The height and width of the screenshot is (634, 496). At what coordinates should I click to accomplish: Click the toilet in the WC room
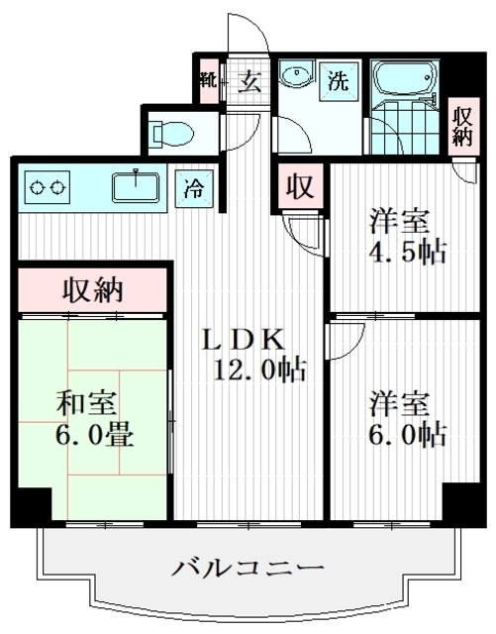point(172,133)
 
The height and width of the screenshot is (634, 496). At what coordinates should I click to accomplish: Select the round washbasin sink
point(296,76)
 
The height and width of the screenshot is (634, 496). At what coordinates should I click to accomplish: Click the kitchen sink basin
point(136,186)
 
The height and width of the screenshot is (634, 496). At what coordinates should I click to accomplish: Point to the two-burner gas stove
point(48,187)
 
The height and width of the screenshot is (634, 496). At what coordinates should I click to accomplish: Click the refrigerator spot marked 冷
point(194,188)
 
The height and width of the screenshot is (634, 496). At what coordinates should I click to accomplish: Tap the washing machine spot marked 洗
point(339,81)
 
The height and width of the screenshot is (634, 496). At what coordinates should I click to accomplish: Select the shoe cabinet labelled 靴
point(210,81)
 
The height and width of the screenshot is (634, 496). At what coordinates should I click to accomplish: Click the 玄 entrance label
point(248,82)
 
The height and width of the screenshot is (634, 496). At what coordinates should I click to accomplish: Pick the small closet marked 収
point(300,186)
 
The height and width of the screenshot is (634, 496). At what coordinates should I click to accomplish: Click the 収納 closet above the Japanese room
point(93,290)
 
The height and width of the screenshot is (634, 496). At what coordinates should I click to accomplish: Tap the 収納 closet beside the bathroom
point(463,127)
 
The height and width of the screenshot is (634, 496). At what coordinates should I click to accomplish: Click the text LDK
point(244,341)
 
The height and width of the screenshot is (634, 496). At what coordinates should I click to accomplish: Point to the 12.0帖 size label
point(259,370)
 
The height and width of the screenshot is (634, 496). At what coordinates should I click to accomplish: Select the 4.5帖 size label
point(407,253)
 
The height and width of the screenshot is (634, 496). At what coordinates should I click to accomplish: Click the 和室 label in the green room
point(86,403)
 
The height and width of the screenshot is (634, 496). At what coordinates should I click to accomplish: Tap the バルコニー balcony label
point(248,568)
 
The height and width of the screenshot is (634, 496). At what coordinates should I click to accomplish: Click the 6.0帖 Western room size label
point(407,435)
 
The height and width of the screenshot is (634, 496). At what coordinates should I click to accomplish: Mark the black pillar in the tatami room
point(31,506)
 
